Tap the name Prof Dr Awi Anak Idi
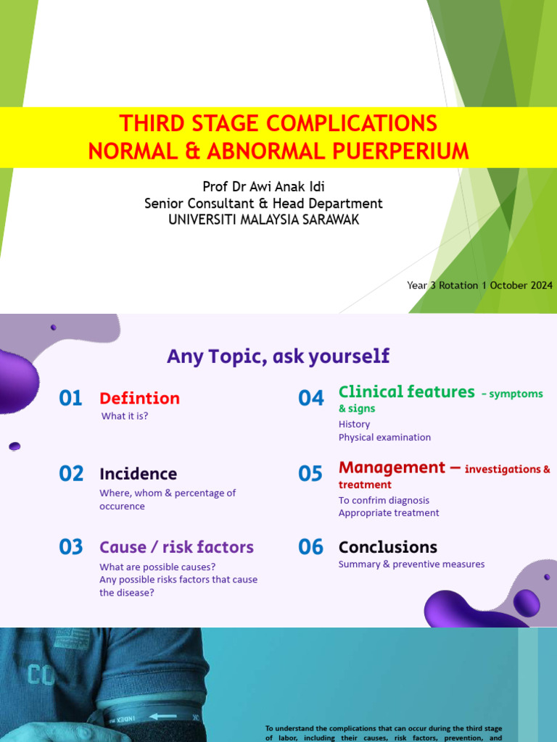pos(263,188)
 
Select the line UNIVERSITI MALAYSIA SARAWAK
pos(263,220)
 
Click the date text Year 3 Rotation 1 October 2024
pos(479,285)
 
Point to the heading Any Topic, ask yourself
pos(278,356)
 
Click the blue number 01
pos(71,398)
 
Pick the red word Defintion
pos(139,398)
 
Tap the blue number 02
pos(71,474)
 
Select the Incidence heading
pos(138,474)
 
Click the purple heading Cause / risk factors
pos(176,547)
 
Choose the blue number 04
pos(310,398)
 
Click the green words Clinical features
pos(406,392)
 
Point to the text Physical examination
pos(384,438)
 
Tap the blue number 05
pos(310,474)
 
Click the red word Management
pos(392,467)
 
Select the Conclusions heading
pos(387,547)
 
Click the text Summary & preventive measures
pos(411,564)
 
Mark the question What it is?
pos(125,416)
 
